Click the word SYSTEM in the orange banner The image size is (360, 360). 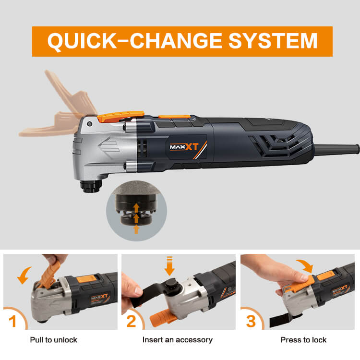273,41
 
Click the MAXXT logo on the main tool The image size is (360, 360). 184,147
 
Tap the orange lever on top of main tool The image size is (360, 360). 121,116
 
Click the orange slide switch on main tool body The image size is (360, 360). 175,117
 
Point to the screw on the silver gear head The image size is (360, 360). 90,124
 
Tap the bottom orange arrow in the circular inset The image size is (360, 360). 136,229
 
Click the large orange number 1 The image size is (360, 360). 13,321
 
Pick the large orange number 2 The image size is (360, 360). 131,321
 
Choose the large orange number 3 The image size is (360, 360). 251,321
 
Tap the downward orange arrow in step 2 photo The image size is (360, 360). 169,265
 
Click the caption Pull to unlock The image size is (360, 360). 53,340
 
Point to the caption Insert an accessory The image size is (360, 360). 178,340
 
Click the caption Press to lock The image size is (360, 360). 303,340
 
